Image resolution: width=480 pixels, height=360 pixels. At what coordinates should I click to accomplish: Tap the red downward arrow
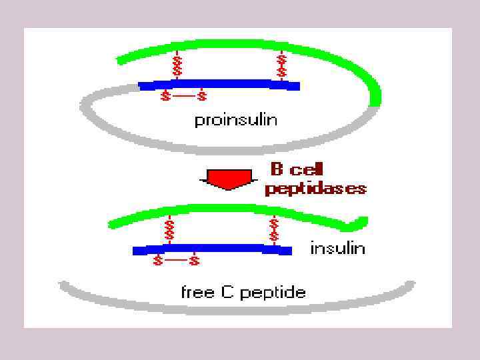[x=228, y=177]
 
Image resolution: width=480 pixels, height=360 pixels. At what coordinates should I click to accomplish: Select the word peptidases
[x=315, y=189]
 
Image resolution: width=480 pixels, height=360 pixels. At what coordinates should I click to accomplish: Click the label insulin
[x=337, y=248]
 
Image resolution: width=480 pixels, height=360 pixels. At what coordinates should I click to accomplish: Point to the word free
[x=196, y=292]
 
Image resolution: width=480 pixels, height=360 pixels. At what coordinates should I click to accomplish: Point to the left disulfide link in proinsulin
[x=177, y=67]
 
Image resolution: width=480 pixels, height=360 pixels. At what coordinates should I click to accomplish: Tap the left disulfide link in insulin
[x=169, y=231]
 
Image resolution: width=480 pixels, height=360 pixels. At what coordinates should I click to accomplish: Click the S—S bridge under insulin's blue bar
[x=176, y=261]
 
